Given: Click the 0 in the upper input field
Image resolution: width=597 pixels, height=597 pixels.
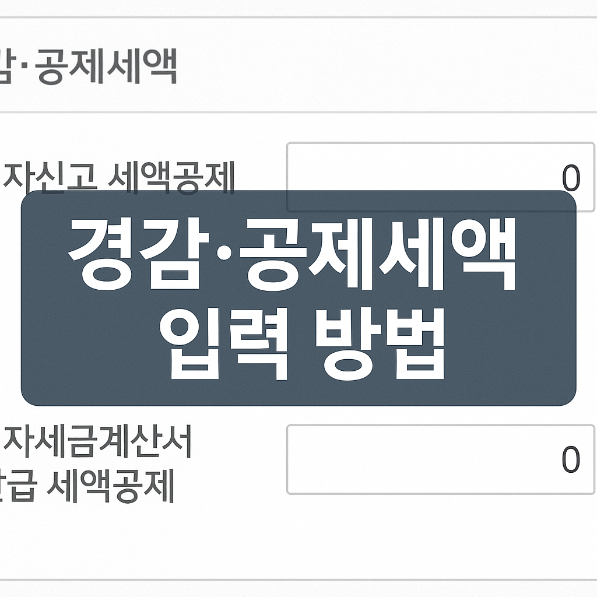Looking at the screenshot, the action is pyautogui.click(x=571, y=179).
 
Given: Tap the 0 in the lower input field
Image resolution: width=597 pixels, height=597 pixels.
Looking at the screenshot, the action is pyautogui.click(x=571, y=460).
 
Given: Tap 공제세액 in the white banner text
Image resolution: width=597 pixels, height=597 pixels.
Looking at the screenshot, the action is pyautogui.click(x=380, y=257).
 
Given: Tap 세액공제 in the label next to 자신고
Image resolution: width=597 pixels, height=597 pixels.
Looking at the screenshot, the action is pyautogui.click(x=171, y=180).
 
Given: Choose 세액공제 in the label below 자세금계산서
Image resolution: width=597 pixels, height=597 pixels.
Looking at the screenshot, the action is pyautogui.click(x=111, y=489).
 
